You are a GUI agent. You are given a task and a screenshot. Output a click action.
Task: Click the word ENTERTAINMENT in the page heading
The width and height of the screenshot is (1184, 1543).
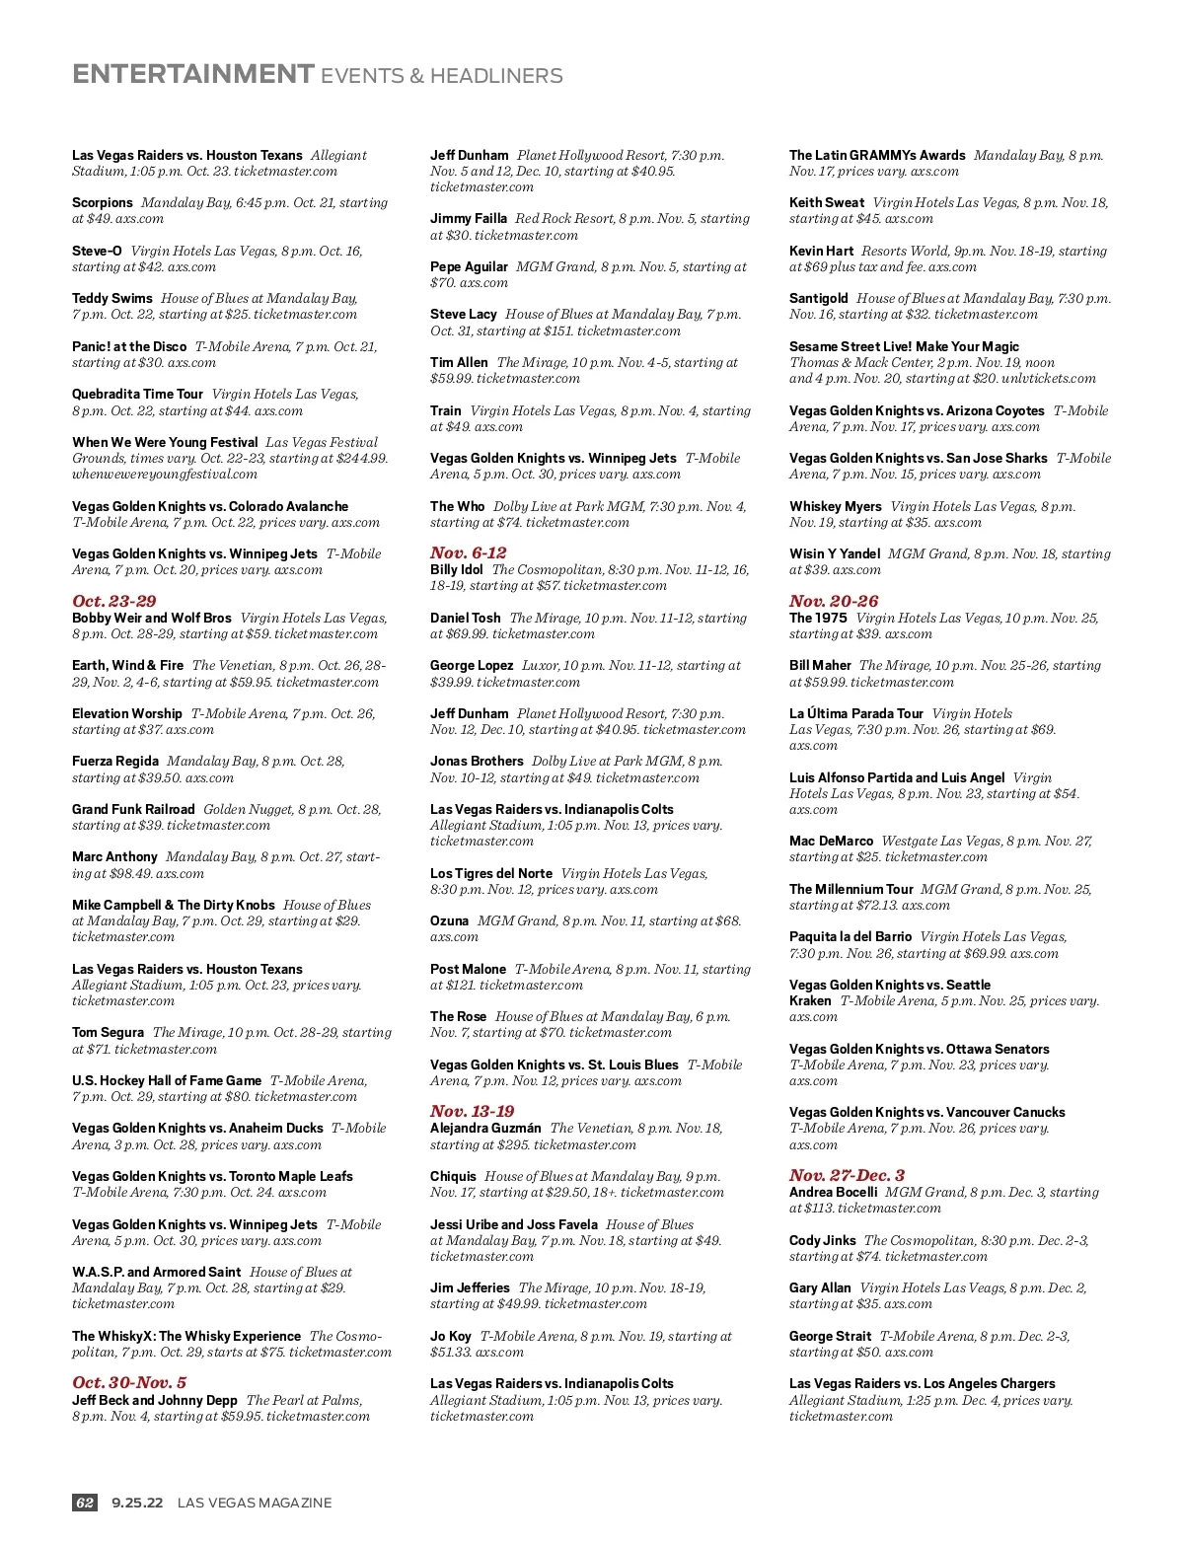click(193, 75)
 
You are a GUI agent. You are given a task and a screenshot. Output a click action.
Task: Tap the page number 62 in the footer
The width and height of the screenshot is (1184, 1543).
click(85, 1503)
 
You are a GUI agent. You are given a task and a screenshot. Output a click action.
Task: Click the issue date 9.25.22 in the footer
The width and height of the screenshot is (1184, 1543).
click(137, 1503)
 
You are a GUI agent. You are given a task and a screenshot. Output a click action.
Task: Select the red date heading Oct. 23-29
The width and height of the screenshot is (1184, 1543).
click(113, 601)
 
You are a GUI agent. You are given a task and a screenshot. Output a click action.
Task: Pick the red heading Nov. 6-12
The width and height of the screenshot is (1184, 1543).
click(468, 552)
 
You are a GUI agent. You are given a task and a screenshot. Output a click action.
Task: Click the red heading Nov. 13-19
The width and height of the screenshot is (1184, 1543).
click(472, 1111)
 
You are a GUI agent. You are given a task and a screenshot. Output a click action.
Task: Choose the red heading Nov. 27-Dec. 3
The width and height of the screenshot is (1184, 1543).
click(847, 1175)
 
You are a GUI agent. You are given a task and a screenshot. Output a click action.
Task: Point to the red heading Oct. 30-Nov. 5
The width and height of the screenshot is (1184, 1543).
click(129, 1382)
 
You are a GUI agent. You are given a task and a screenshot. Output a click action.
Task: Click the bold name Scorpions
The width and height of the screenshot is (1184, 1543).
click(102, 202)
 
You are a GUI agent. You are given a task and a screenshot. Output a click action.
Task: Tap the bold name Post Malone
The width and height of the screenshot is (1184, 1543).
click(468, 969)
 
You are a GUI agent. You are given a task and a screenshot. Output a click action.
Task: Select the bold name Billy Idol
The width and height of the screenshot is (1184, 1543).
click(456, 569)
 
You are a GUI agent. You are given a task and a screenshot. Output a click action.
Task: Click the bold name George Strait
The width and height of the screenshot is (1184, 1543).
click(830, 1336)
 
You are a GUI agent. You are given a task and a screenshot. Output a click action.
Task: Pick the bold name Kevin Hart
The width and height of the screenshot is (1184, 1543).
click(821, 251)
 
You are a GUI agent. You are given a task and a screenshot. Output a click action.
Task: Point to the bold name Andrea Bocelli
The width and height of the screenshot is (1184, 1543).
click(833, 1192)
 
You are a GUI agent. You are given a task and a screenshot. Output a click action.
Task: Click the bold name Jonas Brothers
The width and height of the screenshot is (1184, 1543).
click(477, 761)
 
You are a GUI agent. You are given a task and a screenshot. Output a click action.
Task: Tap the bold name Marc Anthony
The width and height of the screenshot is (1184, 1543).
click(114, 856)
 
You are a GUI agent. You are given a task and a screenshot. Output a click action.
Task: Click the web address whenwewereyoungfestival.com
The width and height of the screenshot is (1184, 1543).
click(165, 474)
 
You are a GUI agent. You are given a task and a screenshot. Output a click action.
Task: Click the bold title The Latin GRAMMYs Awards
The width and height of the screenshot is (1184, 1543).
click(877, 155)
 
